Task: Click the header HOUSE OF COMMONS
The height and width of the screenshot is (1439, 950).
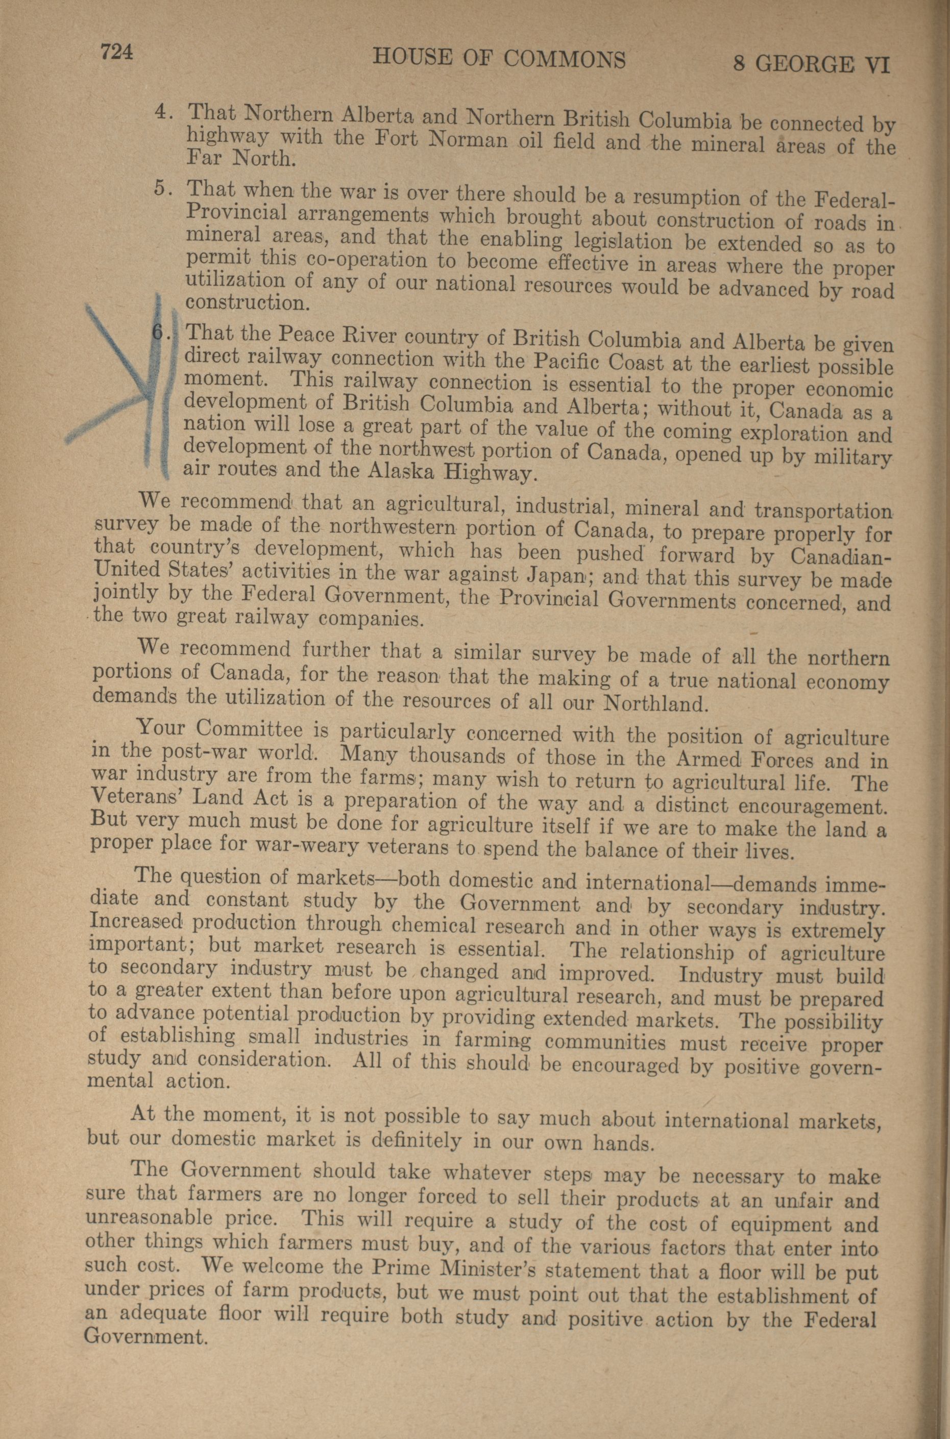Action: point(499,58)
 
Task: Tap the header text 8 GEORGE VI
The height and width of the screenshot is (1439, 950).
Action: point(811,64)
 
